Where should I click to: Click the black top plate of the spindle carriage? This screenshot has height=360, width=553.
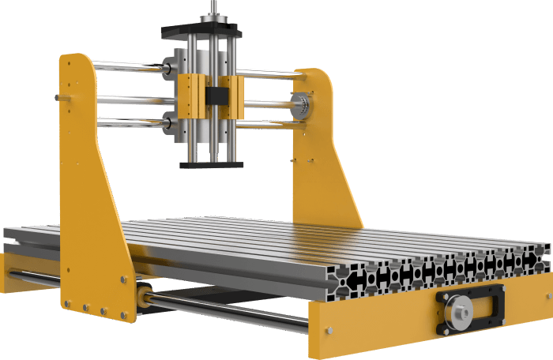201,32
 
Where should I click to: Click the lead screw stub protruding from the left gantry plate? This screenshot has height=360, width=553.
60,97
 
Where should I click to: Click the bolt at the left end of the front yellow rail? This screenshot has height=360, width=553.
330,328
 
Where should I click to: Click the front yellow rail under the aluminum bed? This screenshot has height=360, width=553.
379,324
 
